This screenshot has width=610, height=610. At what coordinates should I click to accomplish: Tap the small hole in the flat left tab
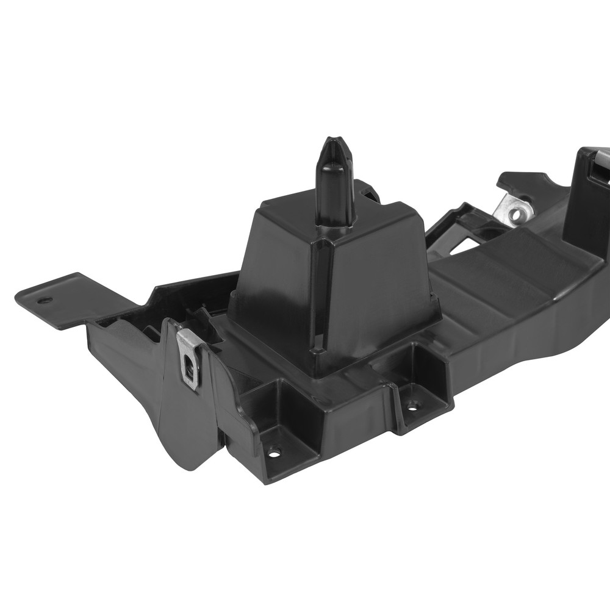45,301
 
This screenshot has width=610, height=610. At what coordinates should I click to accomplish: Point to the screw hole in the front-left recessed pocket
274,452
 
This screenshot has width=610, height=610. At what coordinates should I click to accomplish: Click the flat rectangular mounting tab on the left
61,299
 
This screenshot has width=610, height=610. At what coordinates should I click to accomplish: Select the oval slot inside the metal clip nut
190,366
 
